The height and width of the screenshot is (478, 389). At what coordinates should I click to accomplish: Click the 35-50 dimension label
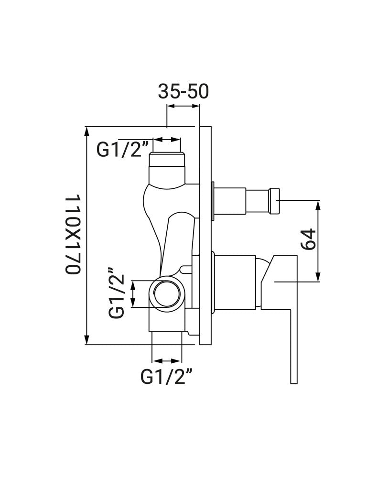[x=183, y=91]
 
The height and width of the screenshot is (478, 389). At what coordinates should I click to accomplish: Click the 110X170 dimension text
[x=73, y=234]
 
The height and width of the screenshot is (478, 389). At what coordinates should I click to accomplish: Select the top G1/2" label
[x=119, y=150]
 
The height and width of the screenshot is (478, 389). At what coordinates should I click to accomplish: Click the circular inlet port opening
[x=167, y=294]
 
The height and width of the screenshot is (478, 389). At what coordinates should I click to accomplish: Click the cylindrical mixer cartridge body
[x=235, y=282]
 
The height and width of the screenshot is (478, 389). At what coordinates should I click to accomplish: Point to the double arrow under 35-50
[x=183, y=106]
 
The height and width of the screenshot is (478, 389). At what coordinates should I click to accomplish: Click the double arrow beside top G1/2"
[x=167, y=140]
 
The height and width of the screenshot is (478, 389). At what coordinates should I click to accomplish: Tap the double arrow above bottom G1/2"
[x=167, y=361]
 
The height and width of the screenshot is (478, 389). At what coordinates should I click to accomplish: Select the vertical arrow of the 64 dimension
[x=318, y=241]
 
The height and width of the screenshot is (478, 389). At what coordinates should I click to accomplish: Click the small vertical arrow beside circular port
[x=133, y=294]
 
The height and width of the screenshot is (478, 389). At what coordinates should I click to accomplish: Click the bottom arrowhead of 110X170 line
[x=87, y=339]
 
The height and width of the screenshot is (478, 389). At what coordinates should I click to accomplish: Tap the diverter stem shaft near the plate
[x=230, y=201]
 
